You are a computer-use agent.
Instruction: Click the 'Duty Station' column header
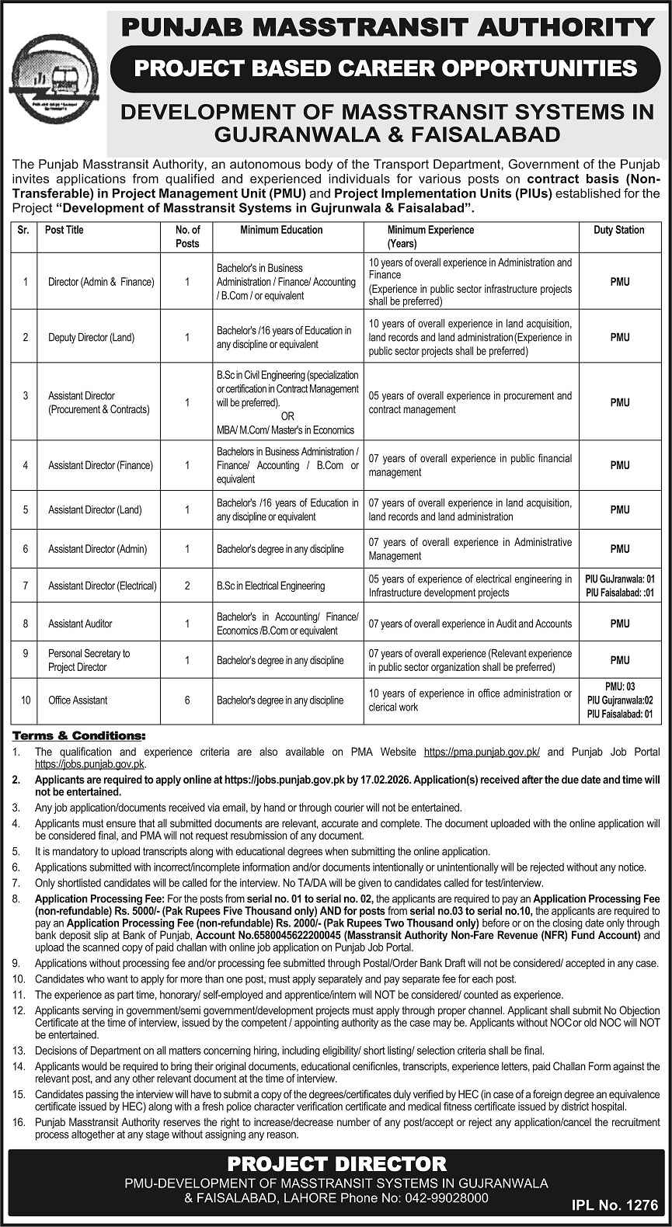click(x=619, y=231)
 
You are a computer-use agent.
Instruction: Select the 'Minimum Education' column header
click(x=281, y=231)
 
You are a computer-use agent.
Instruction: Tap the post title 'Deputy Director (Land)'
click(x=91, y=338)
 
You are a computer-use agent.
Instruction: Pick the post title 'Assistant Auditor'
click(x=80, y=624)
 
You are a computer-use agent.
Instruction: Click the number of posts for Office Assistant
click(x=187, y=700)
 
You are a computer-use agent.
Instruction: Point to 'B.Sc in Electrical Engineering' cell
click(x=270, y=586)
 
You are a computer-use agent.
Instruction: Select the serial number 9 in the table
click(x=26, y=660)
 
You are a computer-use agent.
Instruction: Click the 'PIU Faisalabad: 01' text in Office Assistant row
click(x=619, y=713)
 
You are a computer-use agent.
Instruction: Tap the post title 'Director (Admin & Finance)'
click(x=101, y=282)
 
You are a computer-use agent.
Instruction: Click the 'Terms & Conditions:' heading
click(x=78, y=735)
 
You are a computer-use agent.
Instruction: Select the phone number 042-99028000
click(x=445, y=1198)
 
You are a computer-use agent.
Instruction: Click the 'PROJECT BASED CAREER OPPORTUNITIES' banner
click(x=385, y=69)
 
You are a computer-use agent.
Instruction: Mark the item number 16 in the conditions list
click(x=17, y=1123)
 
